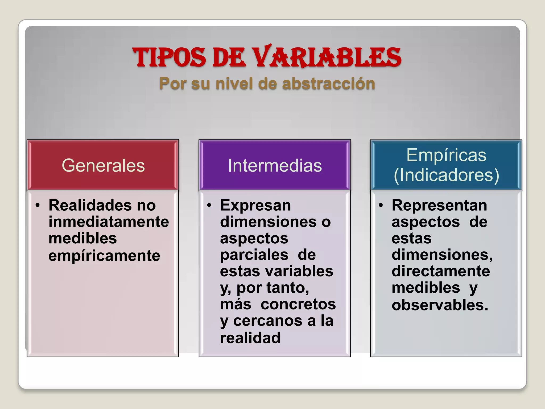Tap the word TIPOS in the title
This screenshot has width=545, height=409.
click(x=169, y=57)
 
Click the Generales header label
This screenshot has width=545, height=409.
click(x=103, y=165)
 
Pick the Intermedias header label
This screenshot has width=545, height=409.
click(x=275, y=165)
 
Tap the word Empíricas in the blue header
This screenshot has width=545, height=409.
click(x=446, y=155)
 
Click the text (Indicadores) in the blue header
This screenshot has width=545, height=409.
click(x=446, y=175)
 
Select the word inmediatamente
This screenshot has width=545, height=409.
click(x=109, y=222)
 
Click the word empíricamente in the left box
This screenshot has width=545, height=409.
click(x=104, y=256)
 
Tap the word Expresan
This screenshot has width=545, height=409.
click(x=255, y=205)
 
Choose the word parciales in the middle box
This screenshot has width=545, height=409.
click(x=254, y=255)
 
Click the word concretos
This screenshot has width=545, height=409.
click(x=298, y=304)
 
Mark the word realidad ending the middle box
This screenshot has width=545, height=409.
click(x=250, y=338)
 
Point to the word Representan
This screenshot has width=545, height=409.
click(x=439, y=205)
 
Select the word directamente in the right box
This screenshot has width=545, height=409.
click(x=441, y=271)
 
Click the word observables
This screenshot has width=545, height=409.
click(x=440, y=305)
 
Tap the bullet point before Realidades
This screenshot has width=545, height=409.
click(x=38, y=205)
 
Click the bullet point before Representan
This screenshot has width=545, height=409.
click(x=381, y=205)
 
